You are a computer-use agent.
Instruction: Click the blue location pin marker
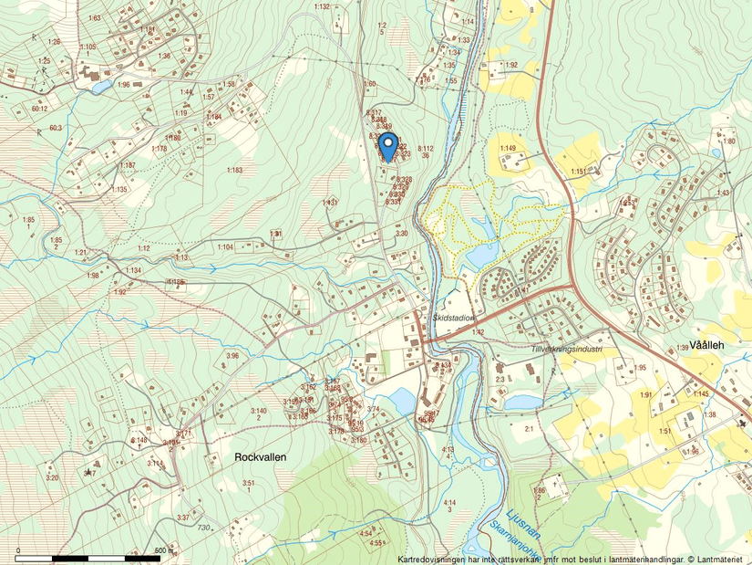click(387, 146)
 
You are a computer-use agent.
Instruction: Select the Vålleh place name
click(706, 345)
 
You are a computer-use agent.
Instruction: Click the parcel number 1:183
click(235, 170)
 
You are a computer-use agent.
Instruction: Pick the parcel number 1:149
click(508, 148)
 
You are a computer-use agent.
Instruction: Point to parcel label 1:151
click(579, 171)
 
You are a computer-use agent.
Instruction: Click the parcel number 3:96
click(232, 355)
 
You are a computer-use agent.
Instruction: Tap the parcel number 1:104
click(224, 246)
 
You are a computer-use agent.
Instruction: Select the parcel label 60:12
click(38, 109)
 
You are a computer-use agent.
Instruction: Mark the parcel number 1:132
click(322, 6)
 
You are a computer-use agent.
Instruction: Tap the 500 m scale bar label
click(165, 550)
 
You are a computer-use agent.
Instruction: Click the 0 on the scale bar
click(18, 550)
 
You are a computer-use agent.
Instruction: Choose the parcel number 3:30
click(401, 234)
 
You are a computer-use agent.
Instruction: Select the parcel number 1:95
click(640, 367)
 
